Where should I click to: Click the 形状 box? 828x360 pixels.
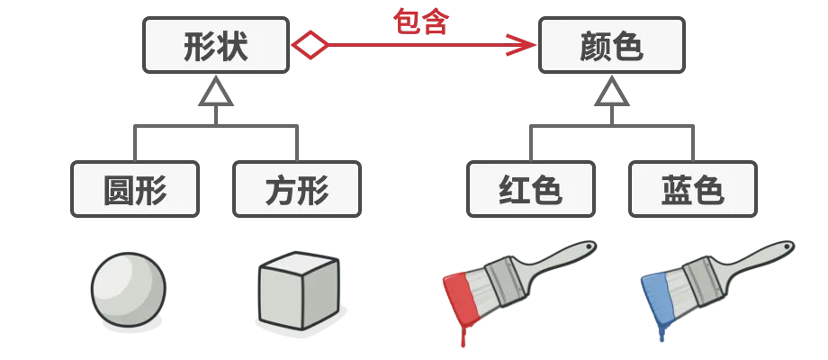point(216,45)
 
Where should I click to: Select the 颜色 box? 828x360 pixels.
point(612,45)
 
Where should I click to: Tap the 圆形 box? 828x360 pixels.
point(135,189)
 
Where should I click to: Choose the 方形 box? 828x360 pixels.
point(297,189)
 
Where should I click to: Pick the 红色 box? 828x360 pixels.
point(531,189)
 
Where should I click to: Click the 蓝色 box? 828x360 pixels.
point(693,189)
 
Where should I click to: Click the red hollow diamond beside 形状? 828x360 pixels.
point(310,45)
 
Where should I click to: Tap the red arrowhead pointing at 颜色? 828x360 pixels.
point(522,45)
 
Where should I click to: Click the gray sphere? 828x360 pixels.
point(129,290)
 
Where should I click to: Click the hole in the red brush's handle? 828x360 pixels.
point(589,246)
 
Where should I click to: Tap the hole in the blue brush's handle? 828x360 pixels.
point(787,246)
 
